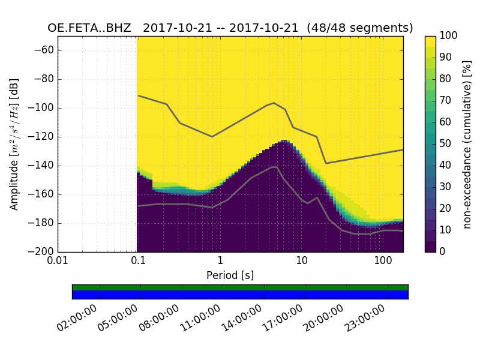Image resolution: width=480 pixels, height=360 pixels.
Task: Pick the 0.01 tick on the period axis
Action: pyautogui.click(x=58, y=260)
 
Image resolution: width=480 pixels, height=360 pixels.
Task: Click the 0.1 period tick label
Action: pyautogui.click(x=139, y=260)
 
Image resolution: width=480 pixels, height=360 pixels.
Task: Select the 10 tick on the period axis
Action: pyautogui.click(x=302, y=260)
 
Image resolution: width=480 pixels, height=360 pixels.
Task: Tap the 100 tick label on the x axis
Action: pyautogui.click(x=383, y=260)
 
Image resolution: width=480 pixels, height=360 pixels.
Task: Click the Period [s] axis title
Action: pyautogui.click(x=230, y=275)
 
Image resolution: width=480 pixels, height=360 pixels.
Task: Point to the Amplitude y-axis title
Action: pyautogui.click(x=14, y=144)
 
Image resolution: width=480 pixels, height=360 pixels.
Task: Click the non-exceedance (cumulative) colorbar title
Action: pyautogui.click(x=468, y=144)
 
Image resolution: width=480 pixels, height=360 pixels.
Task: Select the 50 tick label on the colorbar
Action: pyautogui.click(x=445, y=143)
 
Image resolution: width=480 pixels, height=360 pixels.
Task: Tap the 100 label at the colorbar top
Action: pyautogui.click(x=449, y=36)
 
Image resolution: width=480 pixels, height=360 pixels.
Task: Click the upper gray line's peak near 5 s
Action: pyautogui.click(x=274, y=103)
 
